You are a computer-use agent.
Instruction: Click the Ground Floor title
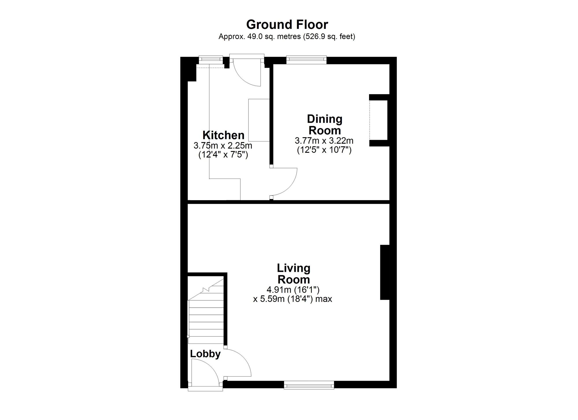click(x=287, y=25)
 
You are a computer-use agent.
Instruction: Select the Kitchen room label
click(x=223, y=135)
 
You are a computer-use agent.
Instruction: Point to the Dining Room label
click(x=325, y=124)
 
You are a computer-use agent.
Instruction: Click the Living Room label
click(x=294, y=274)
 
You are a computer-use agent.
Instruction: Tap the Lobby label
click(x=205, y=354)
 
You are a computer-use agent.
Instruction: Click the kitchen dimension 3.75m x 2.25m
click(x=223, y=145)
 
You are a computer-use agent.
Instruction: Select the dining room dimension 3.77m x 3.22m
click(x=324, y=141)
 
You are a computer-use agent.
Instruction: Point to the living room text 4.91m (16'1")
click(x=293, y=289)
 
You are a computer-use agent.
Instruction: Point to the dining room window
click(x=307, y=60)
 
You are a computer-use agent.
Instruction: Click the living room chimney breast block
click(x=385, y=272)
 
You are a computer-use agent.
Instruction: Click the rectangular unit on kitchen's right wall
click(x=259, y=120)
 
